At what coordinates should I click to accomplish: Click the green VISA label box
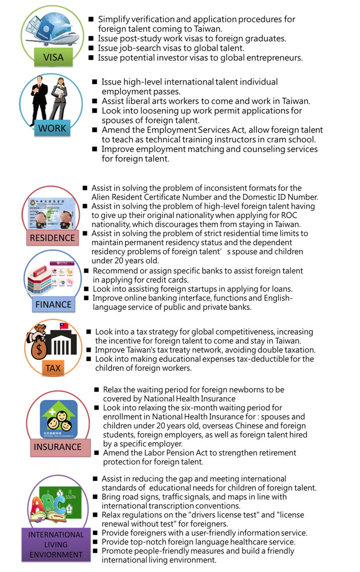coord(53,57)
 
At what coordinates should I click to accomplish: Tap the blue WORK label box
coord(52,128)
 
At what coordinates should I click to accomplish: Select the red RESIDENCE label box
coord(52,238)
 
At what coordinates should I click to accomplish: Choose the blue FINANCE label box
coord(53,304)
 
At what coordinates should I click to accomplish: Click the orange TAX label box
coord(53,368)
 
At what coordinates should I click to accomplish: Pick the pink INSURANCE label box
coord(57,447)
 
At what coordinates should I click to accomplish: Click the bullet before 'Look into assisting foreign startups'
coord(87,289)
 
